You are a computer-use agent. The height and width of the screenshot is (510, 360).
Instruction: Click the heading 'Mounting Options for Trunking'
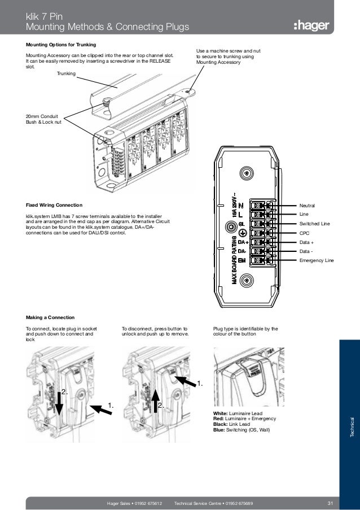[x=61, y=44]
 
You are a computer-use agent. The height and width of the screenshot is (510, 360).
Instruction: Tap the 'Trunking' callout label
[x=67, y=73]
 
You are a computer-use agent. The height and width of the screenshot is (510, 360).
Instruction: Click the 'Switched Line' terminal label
[x=314, y=224]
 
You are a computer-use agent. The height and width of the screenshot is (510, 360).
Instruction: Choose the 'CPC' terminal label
[x=304, y=233]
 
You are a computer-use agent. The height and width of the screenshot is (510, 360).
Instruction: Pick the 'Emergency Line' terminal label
[x=317, y=260]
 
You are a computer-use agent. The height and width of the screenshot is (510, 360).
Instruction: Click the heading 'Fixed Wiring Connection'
[x=54, y=204]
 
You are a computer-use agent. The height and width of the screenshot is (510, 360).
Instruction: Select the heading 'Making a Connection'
[x=50, y=317]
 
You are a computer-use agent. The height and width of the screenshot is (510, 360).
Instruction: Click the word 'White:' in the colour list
[x=221, y=414]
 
